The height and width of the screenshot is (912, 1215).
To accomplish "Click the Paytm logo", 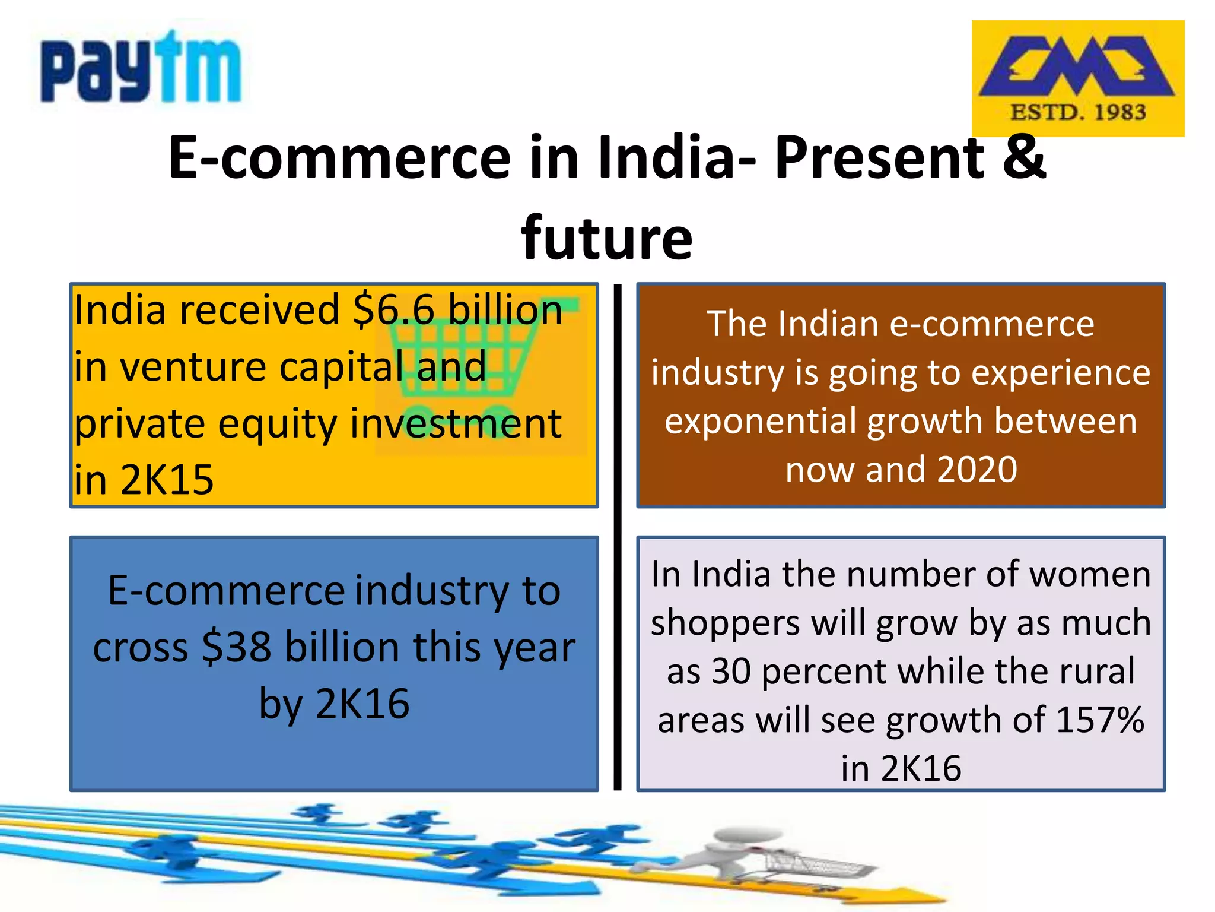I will point(141,68).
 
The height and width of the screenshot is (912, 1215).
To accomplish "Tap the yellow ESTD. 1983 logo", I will point(1077,78).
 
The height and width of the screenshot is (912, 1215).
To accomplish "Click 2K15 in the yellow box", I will point(167,480).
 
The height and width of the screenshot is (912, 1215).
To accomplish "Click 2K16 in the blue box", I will point(362,704).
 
